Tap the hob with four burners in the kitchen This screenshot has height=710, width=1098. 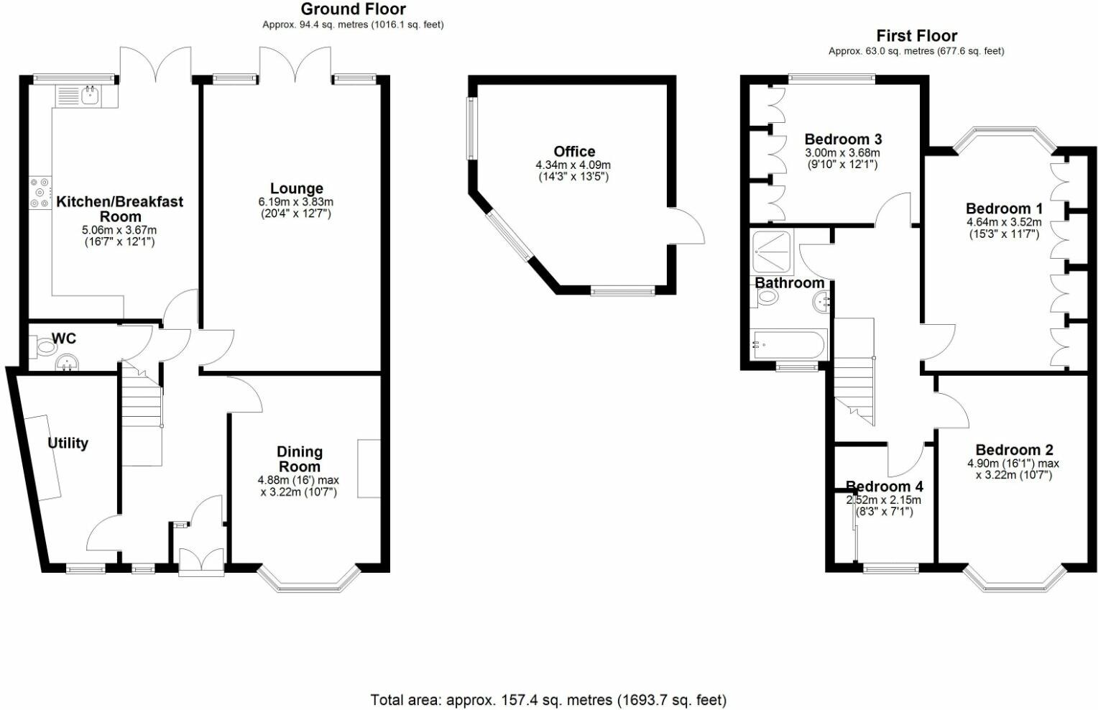40,192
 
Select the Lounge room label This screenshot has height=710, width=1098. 297,188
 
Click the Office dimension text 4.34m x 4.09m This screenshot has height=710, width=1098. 573,165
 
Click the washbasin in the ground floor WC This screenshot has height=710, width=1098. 67,364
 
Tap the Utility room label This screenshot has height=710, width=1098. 68,443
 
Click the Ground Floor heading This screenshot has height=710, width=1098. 354,9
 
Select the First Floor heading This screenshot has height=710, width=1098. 917,36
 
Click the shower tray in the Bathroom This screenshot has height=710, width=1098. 772,252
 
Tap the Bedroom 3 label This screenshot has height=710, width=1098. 843,139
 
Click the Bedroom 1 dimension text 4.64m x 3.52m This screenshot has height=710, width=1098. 1004,222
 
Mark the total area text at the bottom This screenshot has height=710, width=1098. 548,699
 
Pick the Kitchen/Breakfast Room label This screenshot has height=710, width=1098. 120,209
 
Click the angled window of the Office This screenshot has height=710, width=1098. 509,236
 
